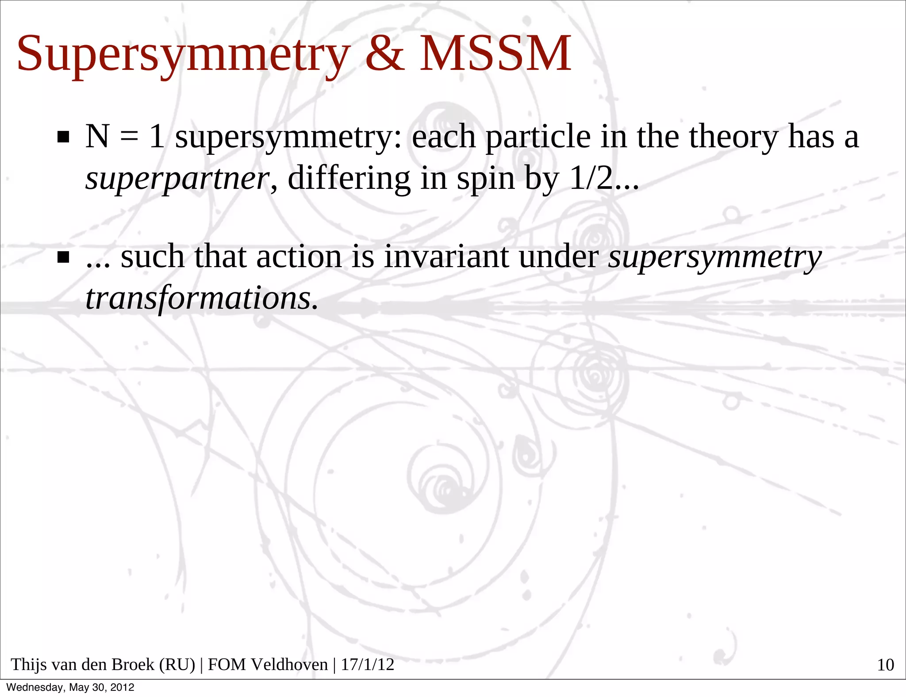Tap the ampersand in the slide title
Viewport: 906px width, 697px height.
click(384, 54)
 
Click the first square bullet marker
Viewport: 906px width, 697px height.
click(63, 137)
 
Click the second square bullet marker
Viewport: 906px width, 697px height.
click(63, 257)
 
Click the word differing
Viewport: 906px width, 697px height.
click(349, 179)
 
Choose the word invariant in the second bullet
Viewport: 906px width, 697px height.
click(446, 257)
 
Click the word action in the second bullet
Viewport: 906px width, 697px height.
click(299, 257)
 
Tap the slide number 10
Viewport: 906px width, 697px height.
click(885, 665)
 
